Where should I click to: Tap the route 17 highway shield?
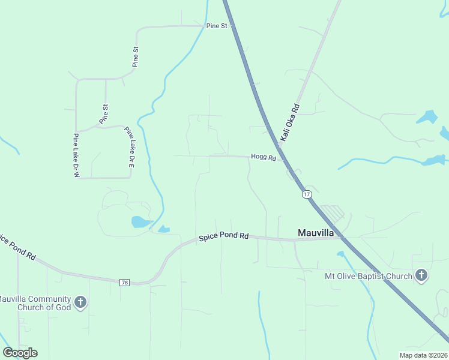[x=307, y=194]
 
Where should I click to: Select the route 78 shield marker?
[x=125, y=282]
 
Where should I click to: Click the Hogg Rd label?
[x=263, y=157]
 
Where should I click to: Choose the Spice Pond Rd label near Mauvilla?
[x=223, y=237]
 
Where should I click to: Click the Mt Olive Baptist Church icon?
[x=421, y=276]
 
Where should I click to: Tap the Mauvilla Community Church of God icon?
[x=81, y=302]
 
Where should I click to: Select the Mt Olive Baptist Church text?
[x=368, y=276]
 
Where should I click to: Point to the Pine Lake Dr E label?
[x=129, y=146]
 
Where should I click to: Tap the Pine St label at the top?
[x=216, y=26]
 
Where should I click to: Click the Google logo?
[x=20, y=353]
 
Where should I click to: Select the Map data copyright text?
[x=423, y=355]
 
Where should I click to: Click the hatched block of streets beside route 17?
[x=331, y=212]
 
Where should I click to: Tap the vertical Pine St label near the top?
[x=136, y=57]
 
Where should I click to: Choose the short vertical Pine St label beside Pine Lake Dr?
[x=104, y=114]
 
